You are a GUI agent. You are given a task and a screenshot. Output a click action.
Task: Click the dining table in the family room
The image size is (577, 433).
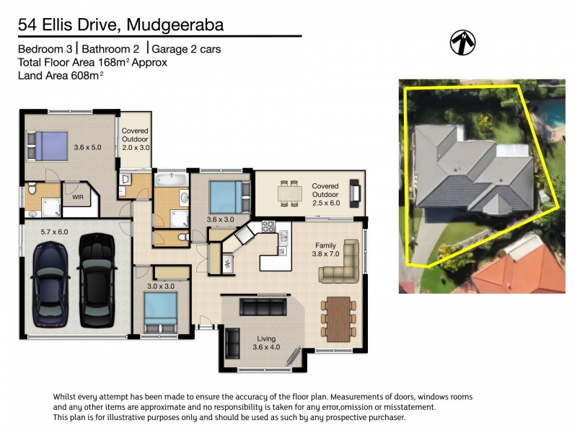tap(338, 318)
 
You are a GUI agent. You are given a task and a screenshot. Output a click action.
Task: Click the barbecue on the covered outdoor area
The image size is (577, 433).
tap(354, 192)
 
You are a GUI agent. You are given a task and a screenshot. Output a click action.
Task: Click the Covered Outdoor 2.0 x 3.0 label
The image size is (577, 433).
tap(135, 138)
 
